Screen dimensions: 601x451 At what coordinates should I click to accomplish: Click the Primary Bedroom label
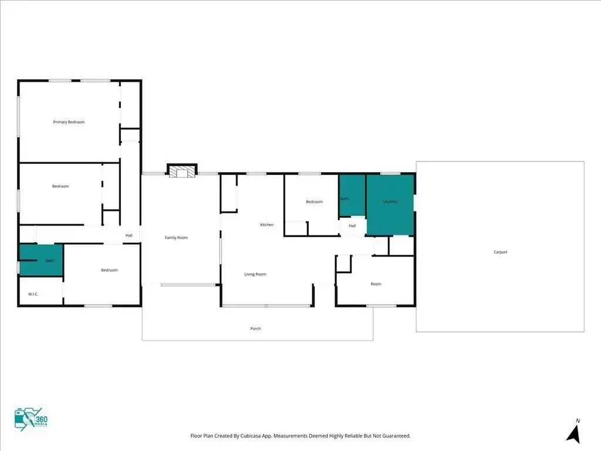tap(69, 122)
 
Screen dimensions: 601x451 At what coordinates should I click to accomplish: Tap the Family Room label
tap(176, 238)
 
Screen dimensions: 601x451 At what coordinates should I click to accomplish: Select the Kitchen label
tap(267, 225)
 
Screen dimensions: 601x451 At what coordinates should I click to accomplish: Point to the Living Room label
tap(255, 274)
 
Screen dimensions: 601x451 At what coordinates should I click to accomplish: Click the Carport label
tap(501, 252)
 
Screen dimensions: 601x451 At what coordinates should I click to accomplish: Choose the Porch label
tap(256, 329)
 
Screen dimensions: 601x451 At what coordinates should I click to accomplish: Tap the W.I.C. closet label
tap(33, 294)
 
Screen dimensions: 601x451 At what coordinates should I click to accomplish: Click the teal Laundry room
tap(390, 204)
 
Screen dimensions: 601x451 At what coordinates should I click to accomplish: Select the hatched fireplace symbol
tap(182, 171)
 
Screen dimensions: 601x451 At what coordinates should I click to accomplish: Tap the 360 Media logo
tap(31, 419)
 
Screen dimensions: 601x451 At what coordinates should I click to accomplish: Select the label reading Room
tap(376, 284)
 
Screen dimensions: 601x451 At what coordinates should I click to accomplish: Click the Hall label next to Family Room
tap(129, 235)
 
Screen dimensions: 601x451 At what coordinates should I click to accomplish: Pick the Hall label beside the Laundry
tap(352, 226)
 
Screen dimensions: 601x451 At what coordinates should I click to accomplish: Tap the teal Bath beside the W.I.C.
tap(41, 260)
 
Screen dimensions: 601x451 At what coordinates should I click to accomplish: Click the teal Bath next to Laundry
tap(352, 196)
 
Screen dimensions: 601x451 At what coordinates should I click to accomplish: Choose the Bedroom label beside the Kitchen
tap(315, 202)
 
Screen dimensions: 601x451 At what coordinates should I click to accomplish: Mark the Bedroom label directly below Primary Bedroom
tap(60, 186)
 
